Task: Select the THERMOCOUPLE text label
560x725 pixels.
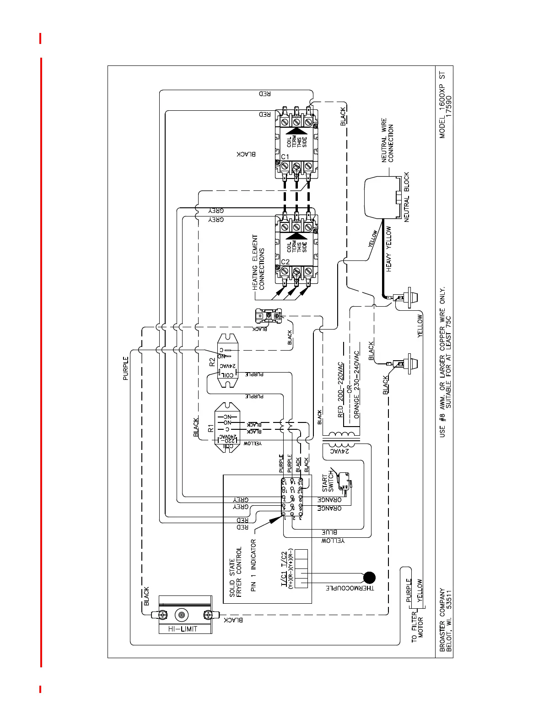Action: pos(350,588)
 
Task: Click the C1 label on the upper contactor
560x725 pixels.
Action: pos(285,157)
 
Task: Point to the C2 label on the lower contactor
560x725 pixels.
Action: pos(285,262)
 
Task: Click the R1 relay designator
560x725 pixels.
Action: pos(211,428)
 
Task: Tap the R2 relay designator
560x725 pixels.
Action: pos(212,362)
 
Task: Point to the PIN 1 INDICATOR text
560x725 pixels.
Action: pos(253,565)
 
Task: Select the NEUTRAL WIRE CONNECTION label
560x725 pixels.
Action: pos(388,140)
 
